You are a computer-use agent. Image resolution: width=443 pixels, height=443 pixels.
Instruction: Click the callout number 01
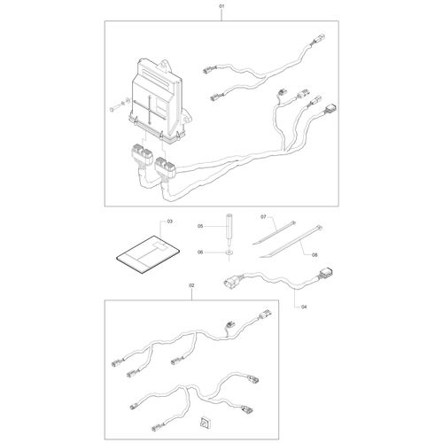pos(221,5)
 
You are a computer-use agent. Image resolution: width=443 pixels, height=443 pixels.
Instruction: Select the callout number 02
pos(191,285)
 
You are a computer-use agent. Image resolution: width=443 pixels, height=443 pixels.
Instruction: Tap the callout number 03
pos(169,221)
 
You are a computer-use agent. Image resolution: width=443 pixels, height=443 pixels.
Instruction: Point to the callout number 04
pos(304,307)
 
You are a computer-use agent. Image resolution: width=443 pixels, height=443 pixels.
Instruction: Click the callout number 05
pos(200,226)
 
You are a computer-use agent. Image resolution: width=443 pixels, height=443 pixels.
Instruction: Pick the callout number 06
pos(200,253)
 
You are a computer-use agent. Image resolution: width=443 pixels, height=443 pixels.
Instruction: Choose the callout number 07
pos(263,217)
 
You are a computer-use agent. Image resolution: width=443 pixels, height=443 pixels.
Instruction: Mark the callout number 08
pos(315,254)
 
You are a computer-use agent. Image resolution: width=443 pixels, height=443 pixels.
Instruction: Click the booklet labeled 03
pos(148,254)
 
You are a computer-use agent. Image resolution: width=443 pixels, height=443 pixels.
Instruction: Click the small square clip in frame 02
pos(205,423)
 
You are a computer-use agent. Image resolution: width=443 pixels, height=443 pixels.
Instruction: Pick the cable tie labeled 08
pos(291,241)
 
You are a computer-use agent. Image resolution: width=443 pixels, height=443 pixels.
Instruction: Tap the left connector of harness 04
pos(231,281)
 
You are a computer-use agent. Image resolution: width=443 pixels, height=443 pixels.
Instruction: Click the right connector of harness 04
pos(327,273)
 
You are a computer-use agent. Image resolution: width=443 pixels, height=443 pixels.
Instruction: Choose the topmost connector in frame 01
pos(319,39)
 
